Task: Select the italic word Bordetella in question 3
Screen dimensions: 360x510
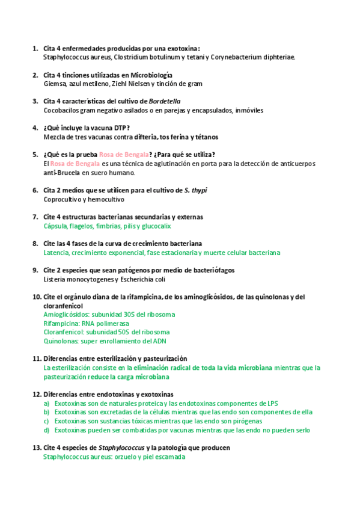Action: [x=164, y=101]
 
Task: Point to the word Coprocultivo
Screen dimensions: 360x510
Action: [x=62, y=199]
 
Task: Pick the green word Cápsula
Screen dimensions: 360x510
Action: [x=57, y=226]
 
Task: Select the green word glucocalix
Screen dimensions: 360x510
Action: [x=155, y=226]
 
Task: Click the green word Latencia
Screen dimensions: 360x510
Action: [x=58, y=253]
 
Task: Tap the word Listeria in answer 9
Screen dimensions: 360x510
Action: [x=55, y=279]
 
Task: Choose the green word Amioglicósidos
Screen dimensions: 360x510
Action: [x=67, y=315]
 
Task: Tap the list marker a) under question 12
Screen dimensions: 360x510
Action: [x=46, y=404]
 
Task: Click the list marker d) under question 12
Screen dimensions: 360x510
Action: [x=46, y=430]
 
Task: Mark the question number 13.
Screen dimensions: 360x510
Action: [x=36, y=448]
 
